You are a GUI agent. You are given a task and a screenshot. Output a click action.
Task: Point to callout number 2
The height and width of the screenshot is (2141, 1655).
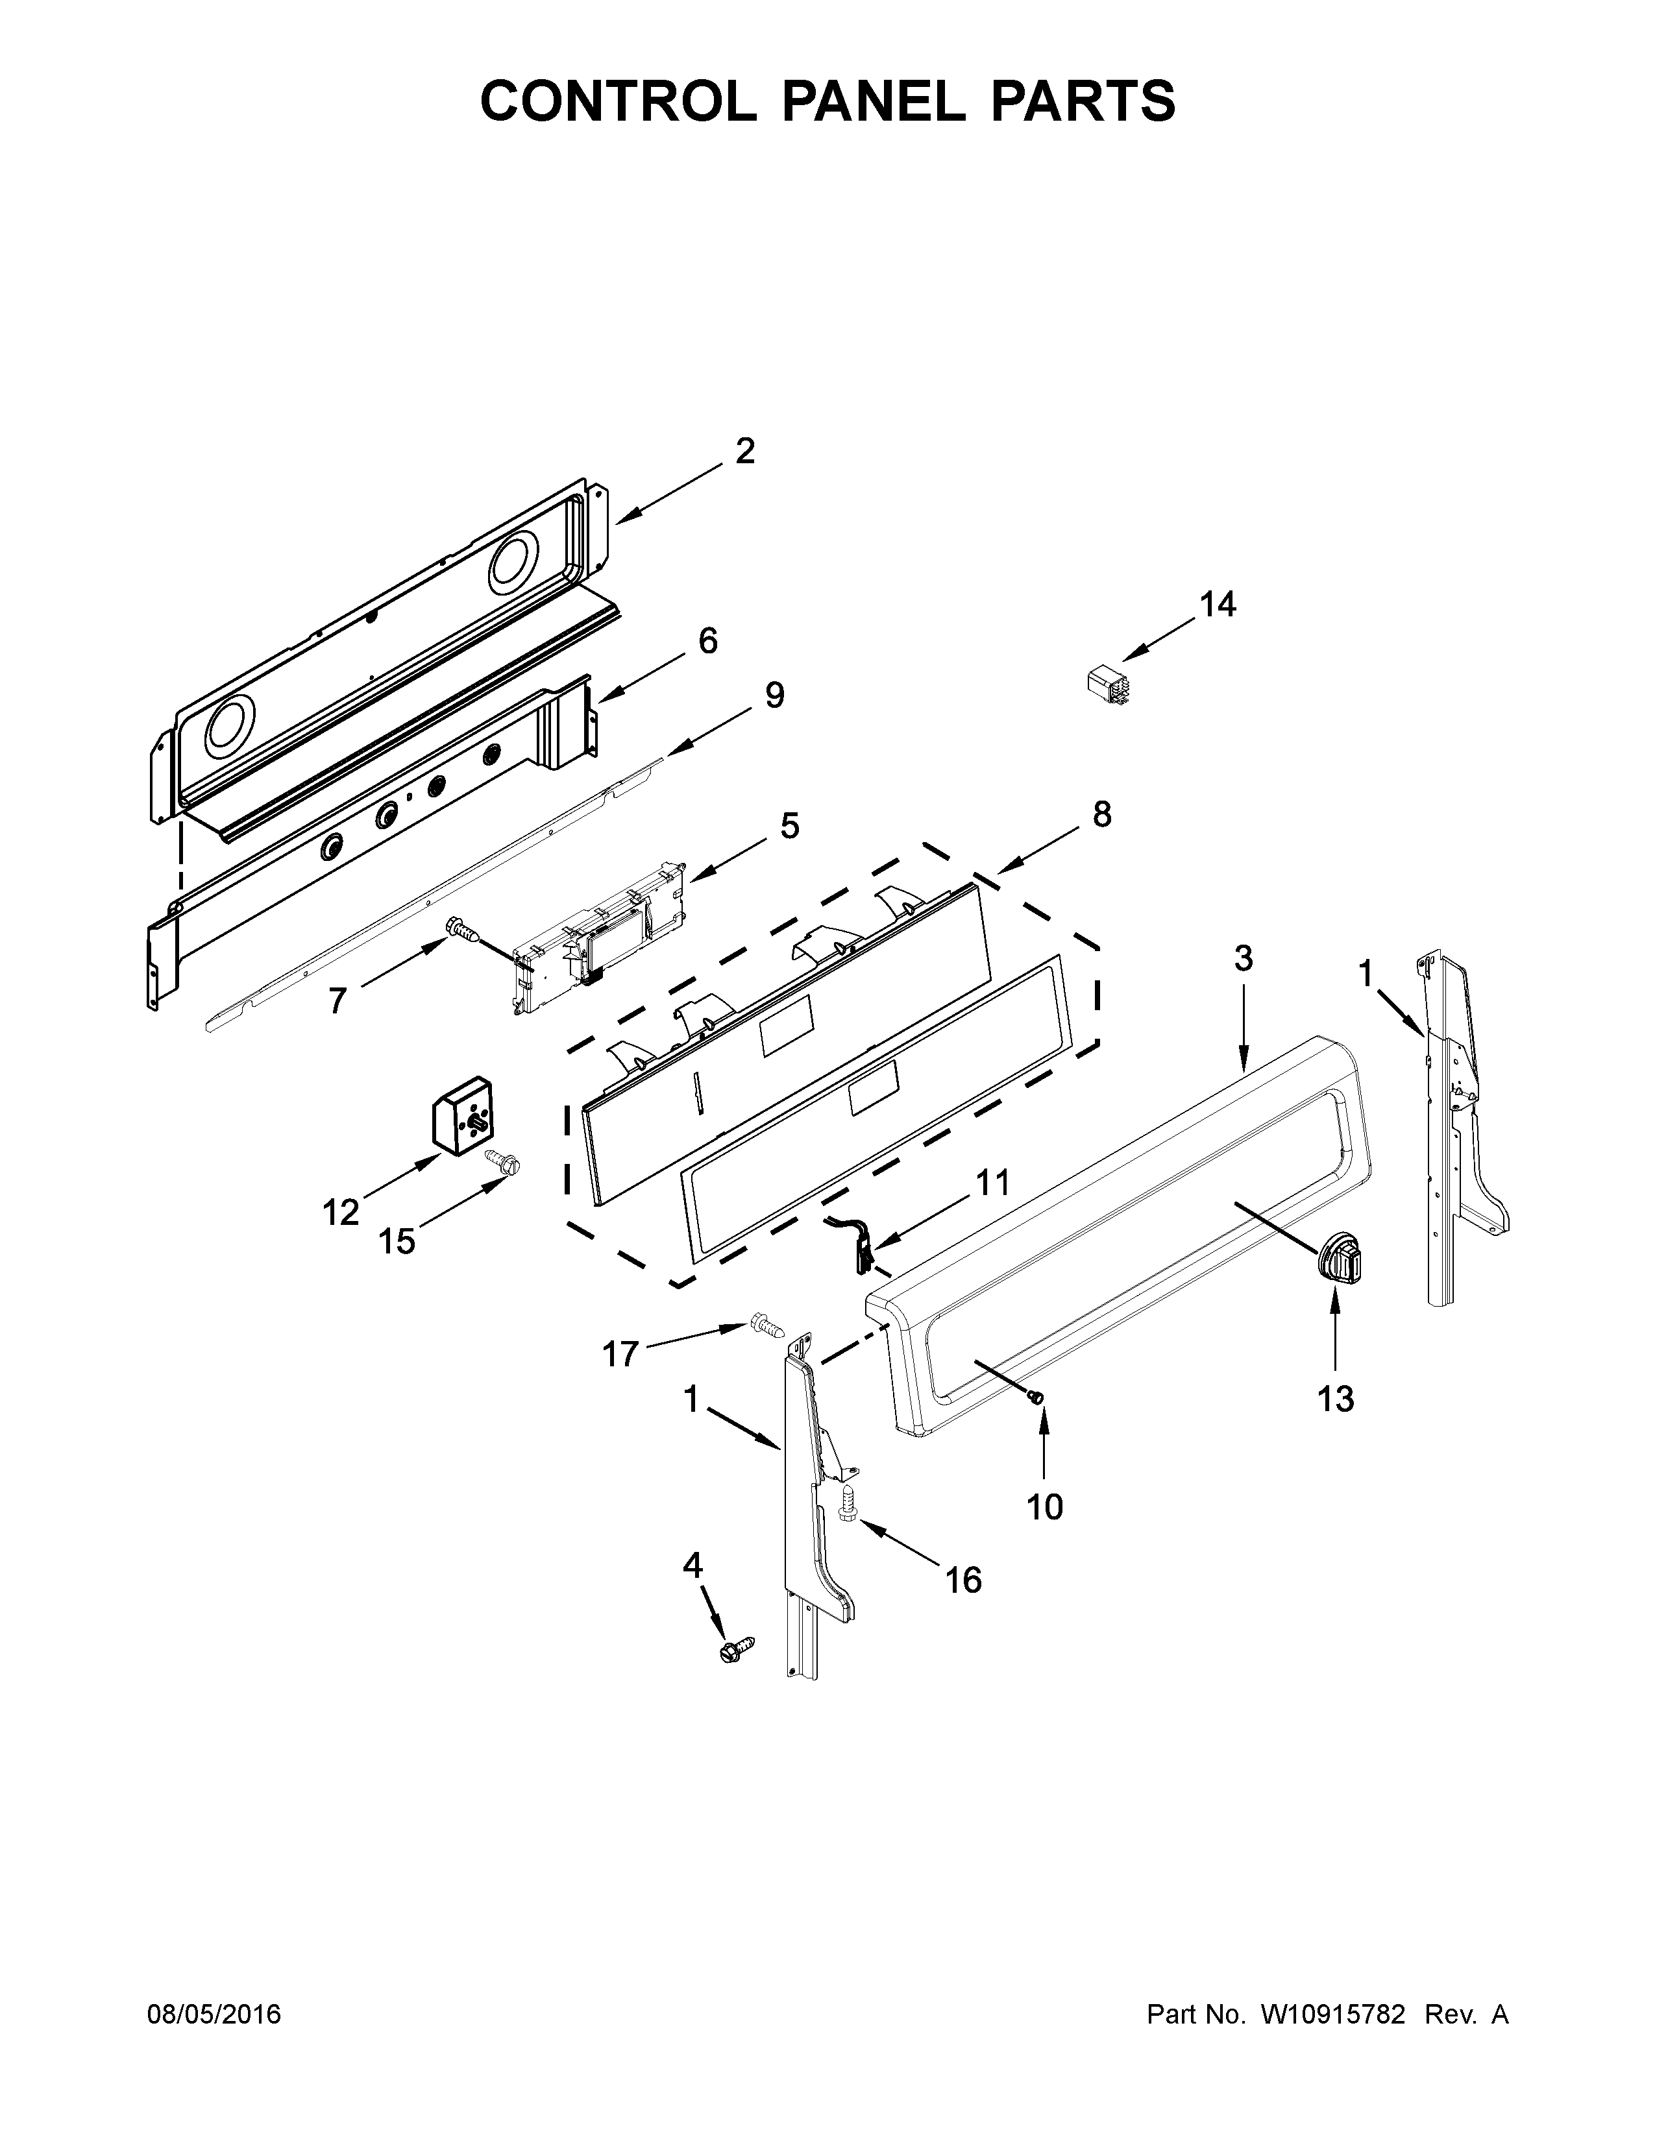pos(745,451)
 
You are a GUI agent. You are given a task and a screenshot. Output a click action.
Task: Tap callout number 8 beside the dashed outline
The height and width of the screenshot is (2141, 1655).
pos(1102,814)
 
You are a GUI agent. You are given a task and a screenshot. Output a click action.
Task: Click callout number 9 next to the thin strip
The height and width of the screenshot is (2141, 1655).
pos(774,696)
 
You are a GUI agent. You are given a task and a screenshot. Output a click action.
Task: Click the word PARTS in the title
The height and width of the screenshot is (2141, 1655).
pos(1083,101)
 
